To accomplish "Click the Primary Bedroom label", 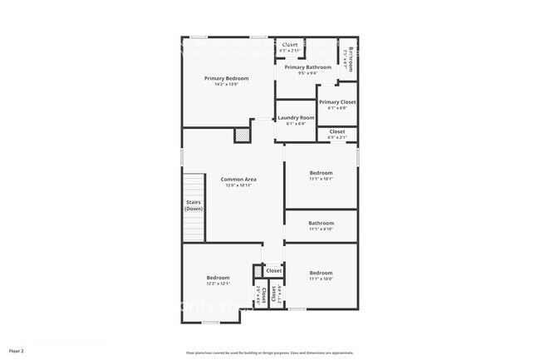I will click(227, 78).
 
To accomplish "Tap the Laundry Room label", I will click(296, 118).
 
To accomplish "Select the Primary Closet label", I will click(337, 101).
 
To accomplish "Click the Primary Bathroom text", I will click(308, 67).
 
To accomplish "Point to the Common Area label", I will click(238, 180).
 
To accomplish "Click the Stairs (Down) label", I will click(194, 205).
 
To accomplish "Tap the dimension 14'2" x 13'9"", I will click(227, 85).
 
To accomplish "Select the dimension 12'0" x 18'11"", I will click(238, 185).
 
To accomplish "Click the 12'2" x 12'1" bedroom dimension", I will click(218, 284).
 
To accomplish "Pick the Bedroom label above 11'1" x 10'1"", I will click(321, 173).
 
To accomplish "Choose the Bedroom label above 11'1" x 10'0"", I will click(321, 273).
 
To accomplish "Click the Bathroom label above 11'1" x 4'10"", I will click(321, 223).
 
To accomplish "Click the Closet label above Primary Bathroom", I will click(290, 45).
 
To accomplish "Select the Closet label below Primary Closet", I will click(337, 131).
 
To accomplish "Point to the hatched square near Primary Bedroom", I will click(242, 134).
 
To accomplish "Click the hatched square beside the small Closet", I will click(258, 271).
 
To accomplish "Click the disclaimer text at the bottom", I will click(270, 353).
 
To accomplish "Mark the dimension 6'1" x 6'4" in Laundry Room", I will click(296, 124).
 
